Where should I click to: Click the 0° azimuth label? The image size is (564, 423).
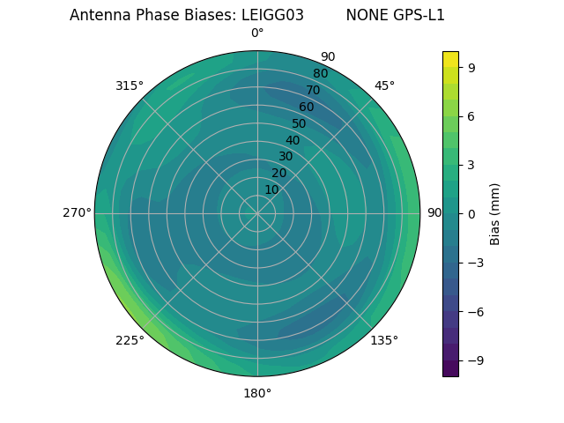pyautogui.click(x=257, y=33)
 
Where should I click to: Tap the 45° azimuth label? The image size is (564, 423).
pyautogui.click(x=385, y=85)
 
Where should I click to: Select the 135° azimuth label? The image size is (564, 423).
pyautogui.click(x=384, y=340)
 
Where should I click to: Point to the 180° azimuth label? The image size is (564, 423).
pyautogui.click(x=257, y=393)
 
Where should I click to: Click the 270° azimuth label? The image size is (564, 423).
pyautogui.click(x=77, y=213)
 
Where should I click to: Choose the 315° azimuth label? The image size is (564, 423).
pyautogui.click(x=130, y=85)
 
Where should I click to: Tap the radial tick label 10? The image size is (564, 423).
pyautogui.click(x=271, y=189)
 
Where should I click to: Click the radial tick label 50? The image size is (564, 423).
pyautogui.click(x=300, y=124)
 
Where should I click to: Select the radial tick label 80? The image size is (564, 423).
pyautogui.click(x=321, y=74)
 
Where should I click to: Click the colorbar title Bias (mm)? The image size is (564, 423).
pyautogui.click(x=495, y=213)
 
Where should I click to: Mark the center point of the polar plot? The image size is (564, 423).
pyautogui.click(x=257, y=213)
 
